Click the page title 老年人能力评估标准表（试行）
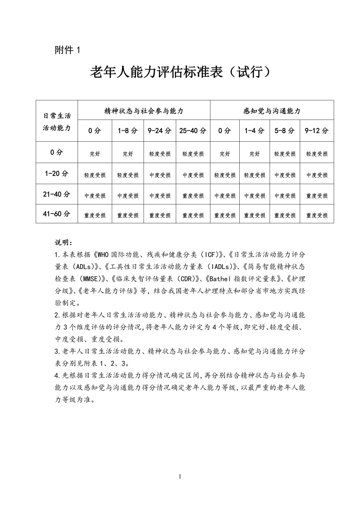180,72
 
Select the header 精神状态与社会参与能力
144,111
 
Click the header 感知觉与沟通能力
272,111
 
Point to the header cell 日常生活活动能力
57,122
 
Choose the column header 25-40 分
193,131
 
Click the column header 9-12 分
317,131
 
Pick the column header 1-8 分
128,131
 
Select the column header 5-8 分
285,131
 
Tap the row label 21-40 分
57,194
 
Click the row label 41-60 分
57,214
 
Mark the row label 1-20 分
57,173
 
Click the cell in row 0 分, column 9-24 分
160,154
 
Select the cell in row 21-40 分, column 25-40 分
193,196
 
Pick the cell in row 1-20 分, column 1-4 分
255,175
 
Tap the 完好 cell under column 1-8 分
128,154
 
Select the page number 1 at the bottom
180,477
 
